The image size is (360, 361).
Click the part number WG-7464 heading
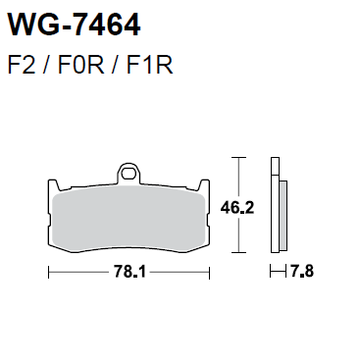tap(75, 25)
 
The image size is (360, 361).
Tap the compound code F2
tap(22, 65)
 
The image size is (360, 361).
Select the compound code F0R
tap(80, 65)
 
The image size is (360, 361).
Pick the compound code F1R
tap(149, 65)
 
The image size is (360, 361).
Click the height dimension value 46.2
tap(237, 208)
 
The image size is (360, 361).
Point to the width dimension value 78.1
tap(129, 272)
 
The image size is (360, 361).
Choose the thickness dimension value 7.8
tap(301, 272)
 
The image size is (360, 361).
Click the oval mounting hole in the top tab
tap(129, 173)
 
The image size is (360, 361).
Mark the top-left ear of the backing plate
tap(54, 184)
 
